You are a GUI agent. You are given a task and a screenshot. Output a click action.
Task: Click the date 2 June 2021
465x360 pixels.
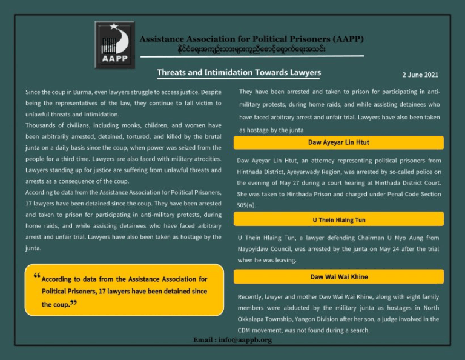coord(420,75)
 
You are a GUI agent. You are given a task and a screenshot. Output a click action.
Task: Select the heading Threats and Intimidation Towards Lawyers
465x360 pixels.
coord(239,73)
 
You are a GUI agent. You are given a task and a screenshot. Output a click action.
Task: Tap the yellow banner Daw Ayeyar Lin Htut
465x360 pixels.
coord(338,142)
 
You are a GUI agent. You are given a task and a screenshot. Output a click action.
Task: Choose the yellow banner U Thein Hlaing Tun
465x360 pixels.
coord(338,219)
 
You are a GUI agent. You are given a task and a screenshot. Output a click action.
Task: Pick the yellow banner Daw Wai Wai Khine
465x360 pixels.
coord(338,277)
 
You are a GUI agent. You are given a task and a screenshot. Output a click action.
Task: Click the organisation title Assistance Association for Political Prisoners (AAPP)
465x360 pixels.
coord(251,39)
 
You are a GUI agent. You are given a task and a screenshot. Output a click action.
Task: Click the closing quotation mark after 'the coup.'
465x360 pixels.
coord(73,303)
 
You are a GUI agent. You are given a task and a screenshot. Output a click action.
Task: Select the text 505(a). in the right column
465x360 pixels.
coord(246,205)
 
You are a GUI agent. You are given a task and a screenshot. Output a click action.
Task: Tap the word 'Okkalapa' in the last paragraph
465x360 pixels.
coord(252,319)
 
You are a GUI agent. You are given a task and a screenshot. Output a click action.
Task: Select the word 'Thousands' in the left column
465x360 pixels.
coord(40,125)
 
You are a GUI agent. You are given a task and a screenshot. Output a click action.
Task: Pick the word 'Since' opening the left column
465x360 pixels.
coord(33,92)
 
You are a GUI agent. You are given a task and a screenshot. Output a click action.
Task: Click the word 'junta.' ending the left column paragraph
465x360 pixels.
coord(33,248)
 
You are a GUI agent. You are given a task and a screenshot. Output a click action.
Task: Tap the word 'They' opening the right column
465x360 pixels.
coord(246,92)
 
